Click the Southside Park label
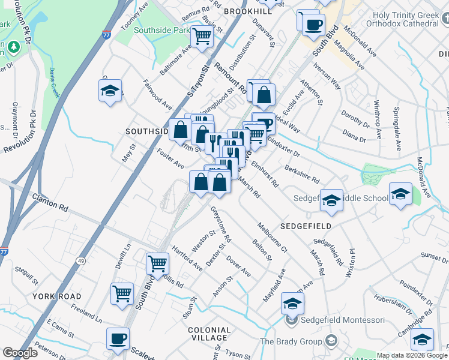[161, 30]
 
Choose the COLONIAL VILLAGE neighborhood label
[209, 335]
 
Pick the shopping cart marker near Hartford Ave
[157, 263]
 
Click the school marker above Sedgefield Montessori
[292, 304]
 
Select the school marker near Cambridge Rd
[423, 340]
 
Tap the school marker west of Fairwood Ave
[110, 91]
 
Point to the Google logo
[20, 353]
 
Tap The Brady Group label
[291, 342]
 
